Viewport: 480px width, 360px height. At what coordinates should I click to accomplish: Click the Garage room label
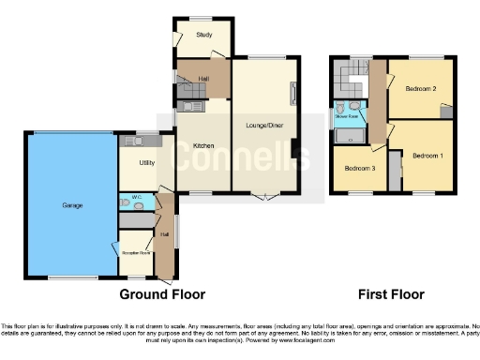coord(71,205)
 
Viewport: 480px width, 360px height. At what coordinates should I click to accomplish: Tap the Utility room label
coord(146,163)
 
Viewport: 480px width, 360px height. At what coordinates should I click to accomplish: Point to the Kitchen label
coord(203,145)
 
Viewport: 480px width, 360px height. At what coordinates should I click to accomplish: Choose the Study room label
coord(202,36)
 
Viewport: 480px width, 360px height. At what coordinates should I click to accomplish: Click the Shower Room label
coord(349,117)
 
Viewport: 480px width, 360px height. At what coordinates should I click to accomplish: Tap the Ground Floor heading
coord(161,294)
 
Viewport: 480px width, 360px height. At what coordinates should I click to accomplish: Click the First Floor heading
coord(392,294)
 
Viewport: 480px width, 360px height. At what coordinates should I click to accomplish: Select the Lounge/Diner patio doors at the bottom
coord(265,195)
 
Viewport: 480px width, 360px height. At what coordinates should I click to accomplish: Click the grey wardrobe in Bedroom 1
coord(395,171)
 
